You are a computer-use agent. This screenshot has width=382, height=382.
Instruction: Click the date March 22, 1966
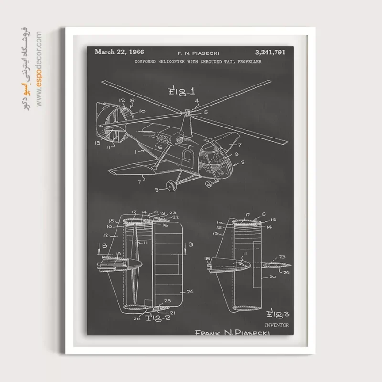pos(119,52)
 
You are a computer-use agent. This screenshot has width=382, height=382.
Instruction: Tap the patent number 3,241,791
pos(270,53)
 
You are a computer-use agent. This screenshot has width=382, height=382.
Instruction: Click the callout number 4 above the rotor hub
pos(197,101)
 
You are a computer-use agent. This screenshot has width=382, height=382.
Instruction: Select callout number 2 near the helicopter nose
pos(243,162)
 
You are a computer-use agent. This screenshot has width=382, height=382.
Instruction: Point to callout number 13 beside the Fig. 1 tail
pos(97,142)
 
